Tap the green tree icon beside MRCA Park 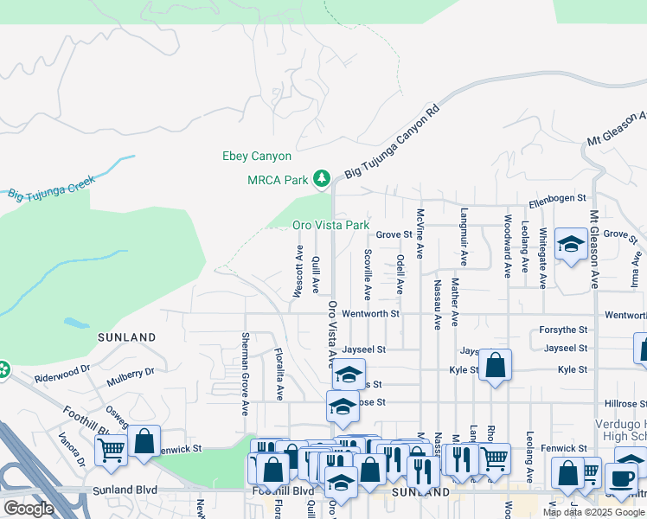click(322, 179)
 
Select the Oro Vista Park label click(330, 225)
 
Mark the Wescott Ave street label click(298, 275)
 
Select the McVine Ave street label click(420, 234)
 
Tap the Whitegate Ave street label click(542, 252)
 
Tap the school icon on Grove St click(571, 246)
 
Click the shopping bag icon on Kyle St click(495, 365)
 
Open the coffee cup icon click(622, 477)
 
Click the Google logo click(29, 508)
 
